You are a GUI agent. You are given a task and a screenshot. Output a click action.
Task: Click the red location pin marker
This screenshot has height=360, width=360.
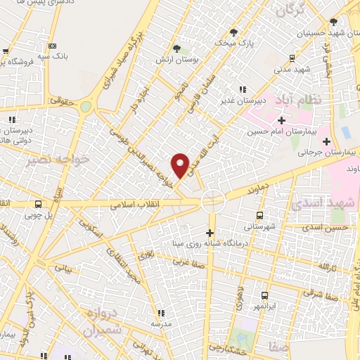181,165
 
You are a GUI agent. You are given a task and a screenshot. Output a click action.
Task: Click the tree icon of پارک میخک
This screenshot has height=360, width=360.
234,32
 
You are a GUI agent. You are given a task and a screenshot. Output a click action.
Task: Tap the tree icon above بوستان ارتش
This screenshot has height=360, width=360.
176,49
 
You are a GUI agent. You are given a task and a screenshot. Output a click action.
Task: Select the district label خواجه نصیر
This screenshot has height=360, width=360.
49,160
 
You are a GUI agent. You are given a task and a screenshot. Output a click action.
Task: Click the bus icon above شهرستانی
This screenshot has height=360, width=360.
259,215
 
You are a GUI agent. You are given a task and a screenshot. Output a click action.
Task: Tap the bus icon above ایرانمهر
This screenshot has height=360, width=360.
265,295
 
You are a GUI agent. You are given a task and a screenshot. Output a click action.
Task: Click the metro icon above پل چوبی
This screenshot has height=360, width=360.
38,205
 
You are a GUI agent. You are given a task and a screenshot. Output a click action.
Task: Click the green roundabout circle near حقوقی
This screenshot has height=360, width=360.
86,107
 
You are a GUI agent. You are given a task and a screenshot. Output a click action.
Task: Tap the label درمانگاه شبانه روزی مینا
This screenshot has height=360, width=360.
210,245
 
